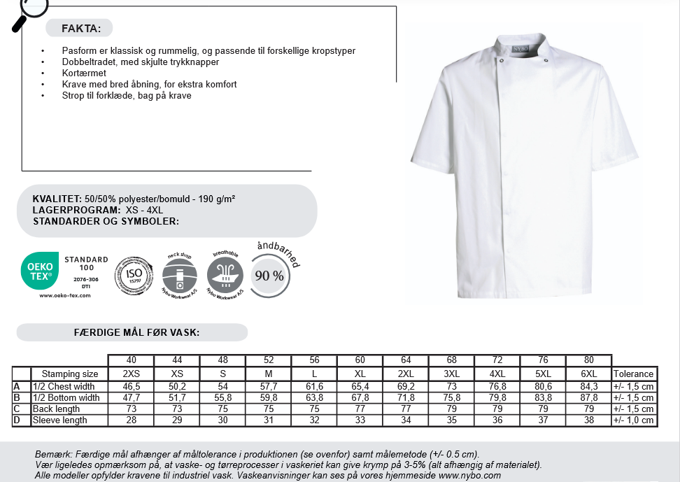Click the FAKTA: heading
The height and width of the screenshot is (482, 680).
[81, 29]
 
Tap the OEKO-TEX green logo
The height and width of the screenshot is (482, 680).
[40, 271]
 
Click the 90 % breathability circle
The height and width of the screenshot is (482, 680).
[269, 276]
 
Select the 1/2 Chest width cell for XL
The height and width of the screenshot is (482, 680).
[360, 387]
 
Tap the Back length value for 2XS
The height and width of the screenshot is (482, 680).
[131, 409]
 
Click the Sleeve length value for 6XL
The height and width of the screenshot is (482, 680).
[589, 420]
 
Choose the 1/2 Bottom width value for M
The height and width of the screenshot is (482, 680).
[269, 398]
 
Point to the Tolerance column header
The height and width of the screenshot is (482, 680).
[633, 374]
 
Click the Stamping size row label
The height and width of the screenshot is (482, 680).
[70, 374]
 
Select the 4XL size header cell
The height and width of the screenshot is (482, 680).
[497, 374]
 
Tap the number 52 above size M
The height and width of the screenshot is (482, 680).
[269, 360]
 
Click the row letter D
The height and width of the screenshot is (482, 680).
[16, 420]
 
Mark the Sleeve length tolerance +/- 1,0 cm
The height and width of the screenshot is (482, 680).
[633, 420]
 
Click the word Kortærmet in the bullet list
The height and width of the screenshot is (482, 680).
[84, 73]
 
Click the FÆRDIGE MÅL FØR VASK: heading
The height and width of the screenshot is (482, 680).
[136, 332]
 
